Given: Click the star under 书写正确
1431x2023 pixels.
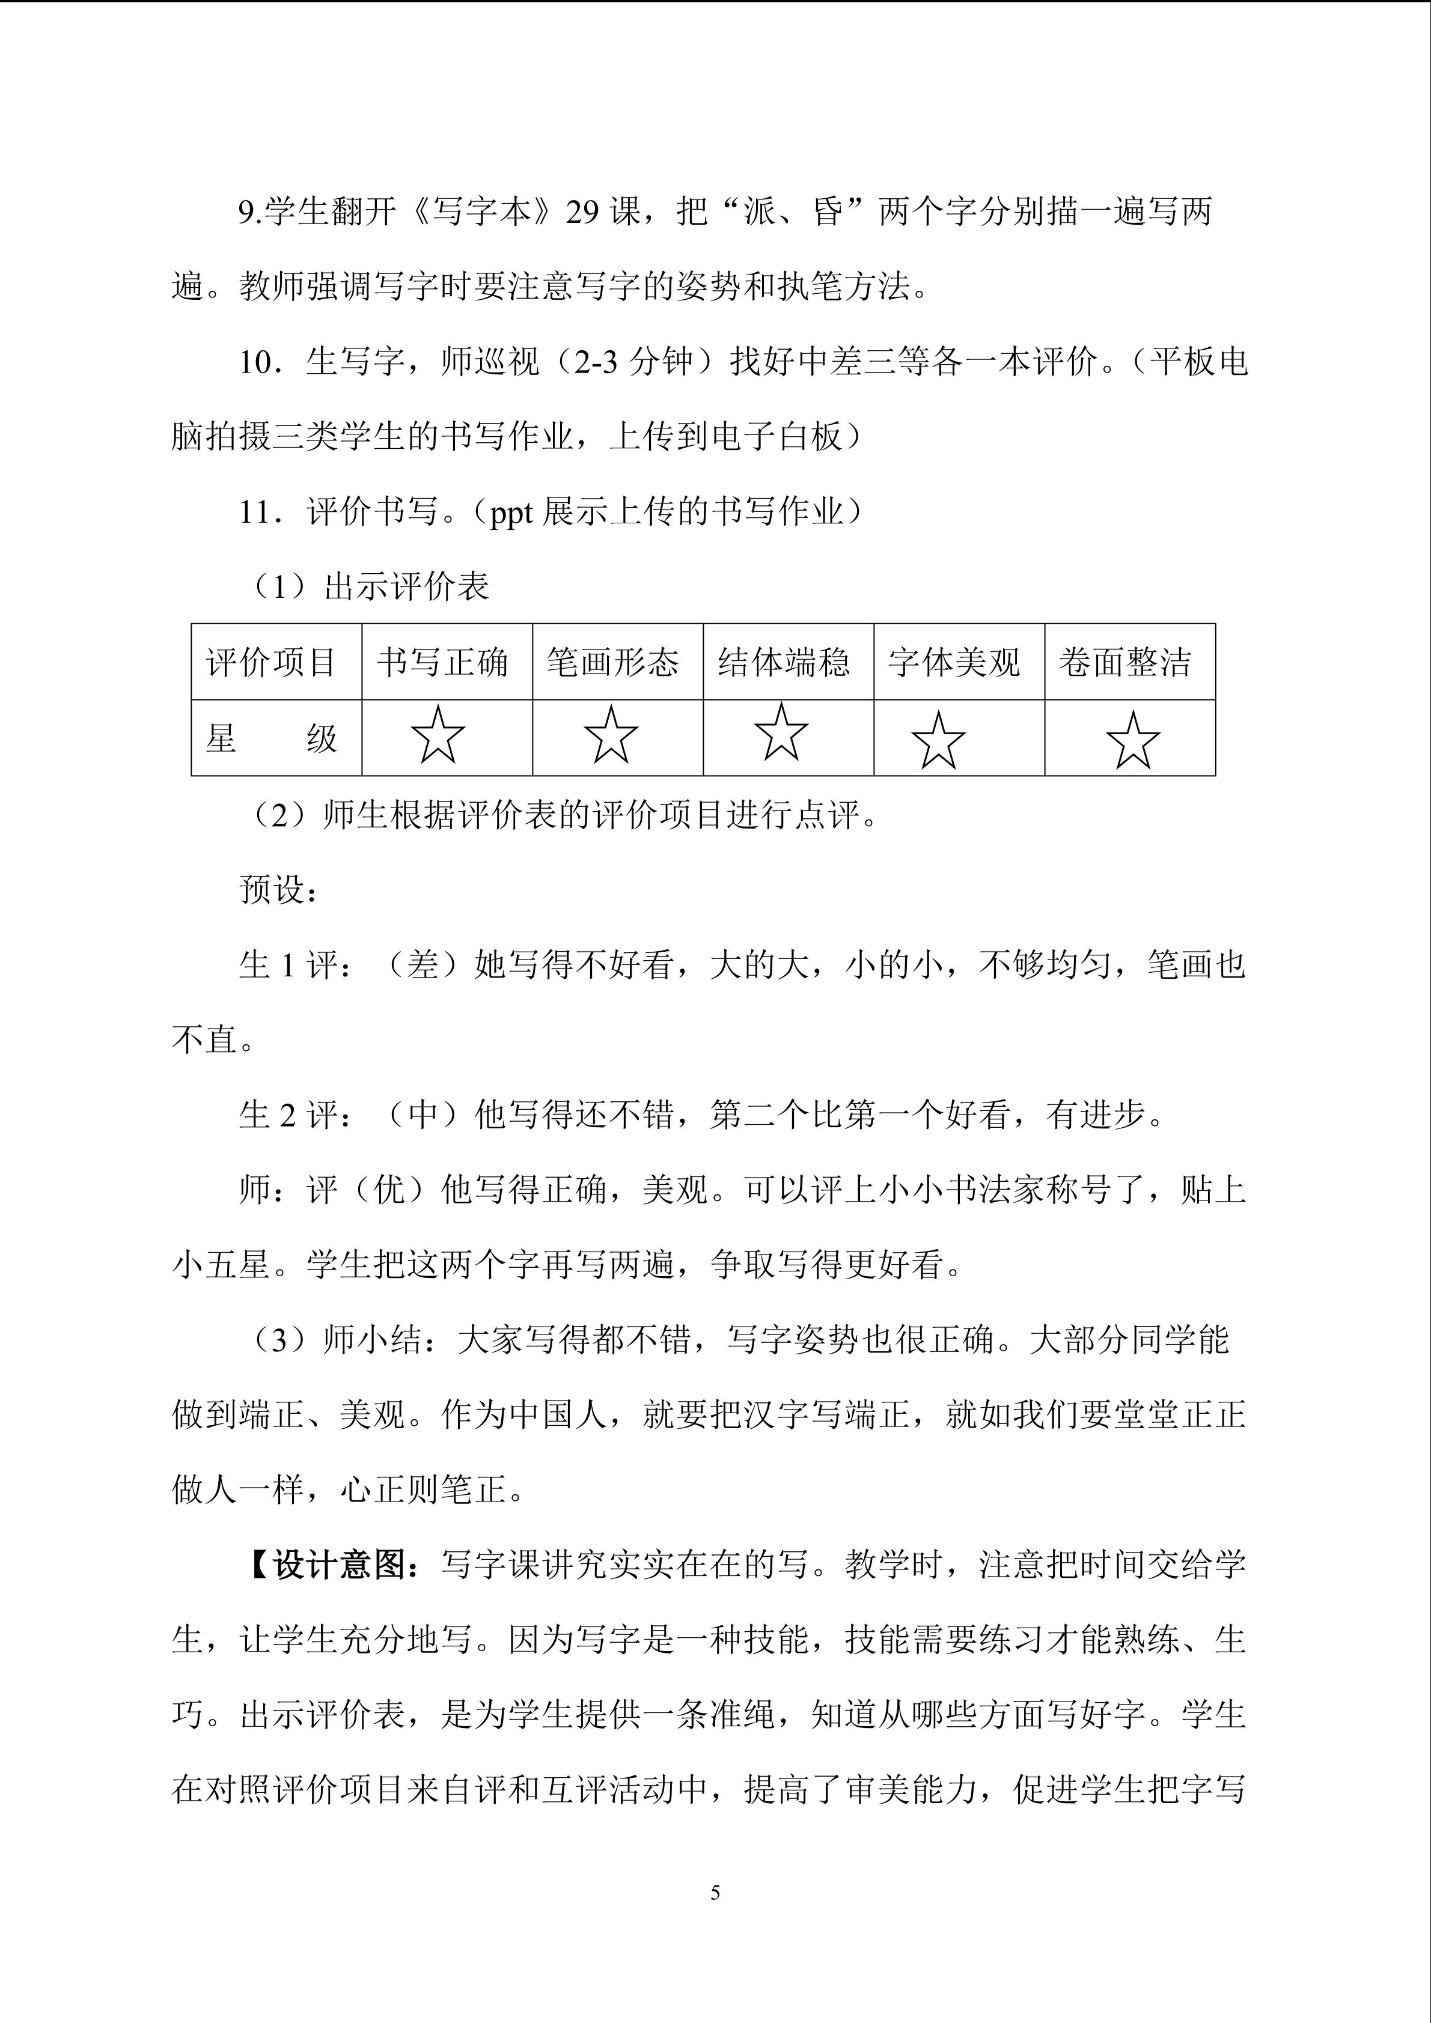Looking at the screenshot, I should coord(439,735).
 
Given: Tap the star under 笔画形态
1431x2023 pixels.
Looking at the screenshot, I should coord(611,735).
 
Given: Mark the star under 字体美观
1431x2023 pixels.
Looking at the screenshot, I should coord(938,740).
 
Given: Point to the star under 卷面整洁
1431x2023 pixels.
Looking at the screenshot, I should coord(1132,741).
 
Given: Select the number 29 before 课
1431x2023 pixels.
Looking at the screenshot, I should coord(582,212).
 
